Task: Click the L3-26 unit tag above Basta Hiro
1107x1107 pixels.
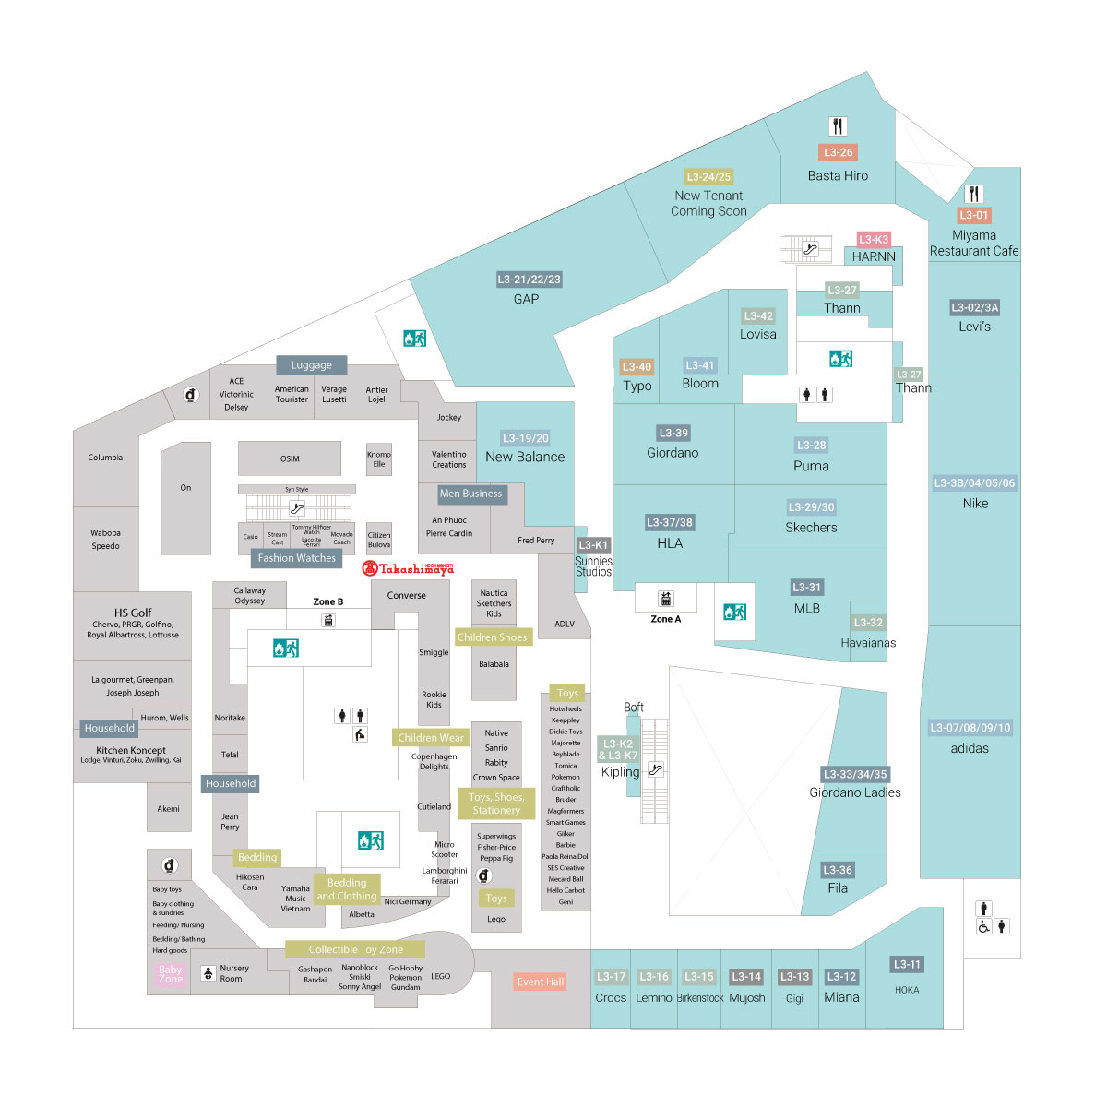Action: coord(838,152)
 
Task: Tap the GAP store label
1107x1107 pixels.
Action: coord(526,299)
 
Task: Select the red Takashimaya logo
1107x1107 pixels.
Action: coord(408,569)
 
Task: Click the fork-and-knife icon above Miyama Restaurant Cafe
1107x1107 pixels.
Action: coord(974,194)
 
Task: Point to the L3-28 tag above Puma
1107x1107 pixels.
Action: coord(811,445)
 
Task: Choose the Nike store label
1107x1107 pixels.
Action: coord(975,504)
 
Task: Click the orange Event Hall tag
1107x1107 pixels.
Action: coord(540,982)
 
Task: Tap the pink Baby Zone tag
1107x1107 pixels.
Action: coord(171,974)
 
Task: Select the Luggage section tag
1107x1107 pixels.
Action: coord(311,365)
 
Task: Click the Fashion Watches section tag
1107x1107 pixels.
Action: coord(296,558)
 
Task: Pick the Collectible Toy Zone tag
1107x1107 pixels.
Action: coord(355,949)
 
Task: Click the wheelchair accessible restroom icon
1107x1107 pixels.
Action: coord(984,927)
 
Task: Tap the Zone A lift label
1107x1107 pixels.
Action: coord(665,619)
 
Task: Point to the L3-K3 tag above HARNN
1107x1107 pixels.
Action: coord(874,240)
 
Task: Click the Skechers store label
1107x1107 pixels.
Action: coord(811,528)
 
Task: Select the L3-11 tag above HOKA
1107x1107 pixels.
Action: coord(907,965)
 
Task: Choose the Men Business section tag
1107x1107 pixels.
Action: coord(470,494)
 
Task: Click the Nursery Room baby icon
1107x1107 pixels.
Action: coord(208,973)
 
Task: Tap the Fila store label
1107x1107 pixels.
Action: coord(838,888)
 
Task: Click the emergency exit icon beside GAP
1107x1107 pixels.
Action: coord(414,339)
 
